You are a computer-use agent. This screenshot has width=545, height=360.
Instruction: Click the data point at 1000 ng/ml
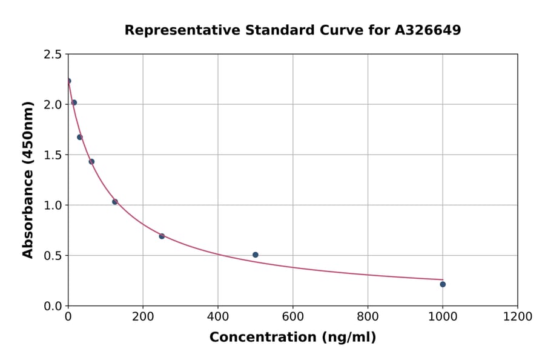[x=443, y=284]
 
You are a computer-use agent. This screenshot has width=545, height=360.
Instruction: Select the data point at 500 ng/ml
[x=256, y=255]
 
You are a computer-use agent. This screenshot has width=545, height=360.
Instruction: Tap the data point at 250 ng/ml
[x=162, y=236]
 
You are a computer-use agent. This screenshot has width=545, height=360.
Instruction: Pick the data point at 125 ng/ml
[x=115, y=202]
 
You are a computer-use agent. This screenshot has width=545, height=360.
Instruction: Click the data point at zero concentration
[x=68, y=81]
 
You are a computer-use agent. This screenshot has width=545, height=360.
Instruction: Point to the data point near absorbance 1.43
[x=91, y=161]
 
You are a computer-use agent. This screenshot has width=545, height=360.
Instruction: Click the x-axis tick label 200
[x=143, y=316]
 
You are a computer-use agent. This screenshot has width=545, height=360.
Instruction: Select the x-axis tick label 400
[x=218, y=316]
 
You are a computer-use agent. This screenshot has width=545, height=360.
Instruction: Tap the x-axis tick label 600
[x=293, y=316]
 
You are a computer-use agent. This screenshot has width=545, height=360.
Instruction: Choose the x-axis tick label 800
[x=368, y=316]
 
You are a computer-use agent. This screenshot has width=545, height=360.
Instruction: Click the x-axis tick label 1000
[x=443, y=316]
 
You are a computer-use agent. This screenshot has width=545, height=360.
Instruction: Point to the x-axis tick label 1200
[x=518, y=316]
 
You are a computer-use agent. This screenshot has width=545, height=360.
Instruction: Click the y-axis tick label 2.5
[x=53, y=55]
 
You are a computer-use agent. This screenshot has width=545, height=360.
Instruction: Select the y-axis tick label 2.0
[x=53, y=105]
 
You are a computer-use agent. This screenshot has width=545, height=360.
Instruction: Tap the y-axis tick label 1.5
[x=53, y=155]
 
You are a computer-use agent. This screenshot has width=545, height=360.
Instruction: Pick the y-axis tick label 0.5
[x=53, y=256]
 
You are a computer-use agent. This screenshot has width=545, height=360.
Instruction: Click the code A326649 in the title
[x=428, y=30]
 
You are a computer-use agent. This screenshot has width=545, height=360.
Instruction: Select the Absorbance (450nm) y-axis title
[x=28, y=180]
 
